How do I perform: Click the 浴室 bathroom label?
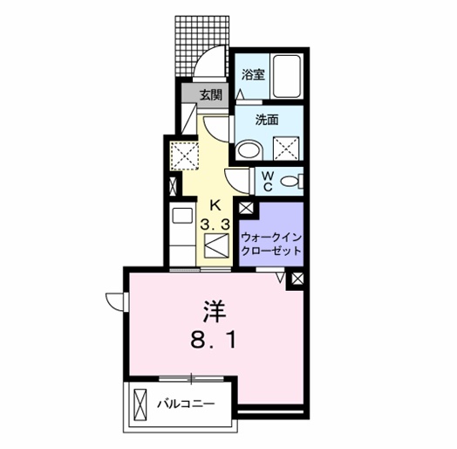point(253,75)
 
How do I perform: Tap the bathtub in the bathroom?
point(286,76)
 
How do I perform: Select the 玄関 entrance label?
point(211,95)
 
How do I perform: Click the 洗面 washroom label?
point(267,120)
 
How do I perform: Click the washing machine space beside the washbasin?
point(286,149)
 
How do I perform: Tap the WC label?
point(268,181)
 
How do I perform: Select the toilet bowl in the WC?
point(291,181)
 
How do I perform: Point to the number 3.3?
point(215,224)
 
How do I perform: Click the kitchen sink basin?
point(182,216)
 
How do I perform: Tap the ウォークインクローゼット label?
point(271,244)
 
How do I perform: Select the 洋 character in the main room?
point(215,312)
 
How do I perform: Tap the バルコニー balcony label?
point(187,404)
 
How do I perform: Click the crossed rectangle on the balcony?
point(140,404)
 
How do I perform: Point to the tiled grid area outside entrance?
point(201,45)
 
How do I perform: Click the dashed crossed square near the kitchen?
point(184,155)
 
